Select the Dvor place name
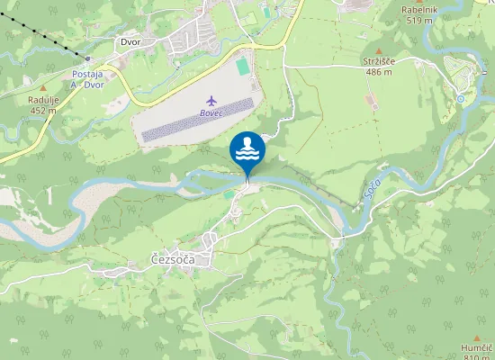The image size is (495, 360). (x=131, y=41)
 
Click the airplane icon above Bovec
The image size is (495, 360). (x=211, y=100)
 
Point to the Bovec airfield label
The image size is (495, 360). (x=211, y=114)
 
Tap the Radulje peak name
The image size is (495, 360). (x=43, y=100)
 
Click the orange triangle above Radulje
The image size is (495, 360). (x=42, y=87)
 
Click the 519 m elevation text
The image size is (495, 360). (x=420, y=20)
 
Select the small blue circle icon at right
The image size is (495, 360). (x=460, y=98)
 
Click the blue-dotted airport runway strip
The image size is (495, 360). (x=197, y=121)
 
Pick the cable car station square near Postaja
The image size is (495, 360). (x=87, y=58)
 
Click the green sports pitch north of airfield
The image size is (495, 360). (x=243, y=67)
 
